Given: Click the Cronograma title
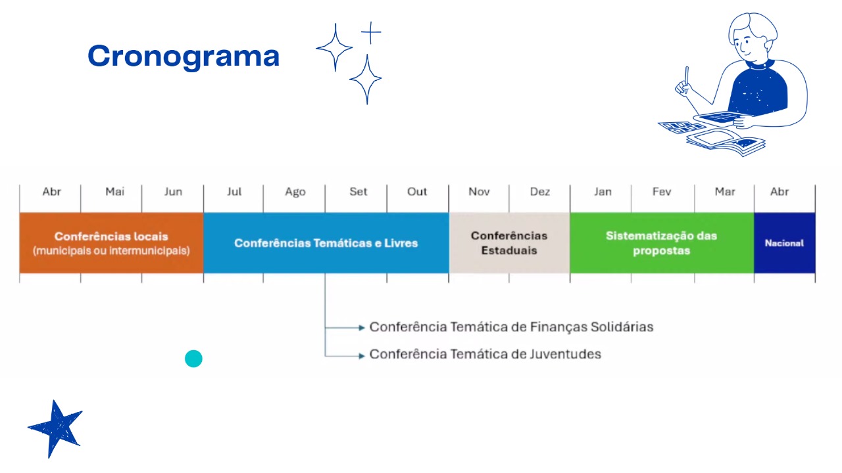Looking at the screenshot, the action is [184, 56].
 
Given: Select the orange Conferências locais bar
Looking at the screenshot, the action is [111, 243].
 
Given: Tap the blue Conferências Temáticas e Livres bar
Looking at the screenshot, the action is [326, 243].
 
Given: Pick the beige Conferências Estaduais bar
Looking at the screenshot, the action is [509, 243].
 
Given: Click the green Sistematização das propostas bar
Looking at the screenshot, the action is [662, 243].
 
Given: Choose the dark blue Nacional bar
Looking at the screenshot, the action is [785, 243].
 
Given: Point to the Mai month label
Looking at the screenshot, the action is [114, 192].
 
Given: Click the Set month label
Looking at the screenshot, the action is [359, 192].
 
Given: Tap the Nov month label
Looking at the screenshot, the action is [479, 192].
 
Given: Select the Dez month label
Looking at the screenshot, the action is [540, 192].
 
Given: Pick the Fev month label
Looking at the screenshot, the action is [662, 192].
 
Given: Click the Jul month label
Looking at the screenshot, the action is [234, 192].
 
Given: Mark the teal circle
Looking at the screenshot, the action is [193, 359].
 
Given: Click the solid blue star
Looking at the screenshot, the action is [57, 428].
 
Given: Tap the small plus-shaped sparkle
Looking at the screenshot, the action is [371, 33].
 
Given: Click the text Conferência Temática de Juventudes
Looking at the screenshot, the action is [485, 354].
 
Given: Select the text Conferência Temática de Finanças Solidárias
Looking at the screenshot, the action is [511, 327].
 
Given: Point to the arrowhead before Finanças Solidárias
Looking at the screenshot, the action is [362, 328].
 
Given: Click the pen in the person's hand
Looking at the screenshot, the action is [687, 79].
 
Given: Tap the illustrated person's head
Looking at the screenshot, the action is [753, 37].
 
